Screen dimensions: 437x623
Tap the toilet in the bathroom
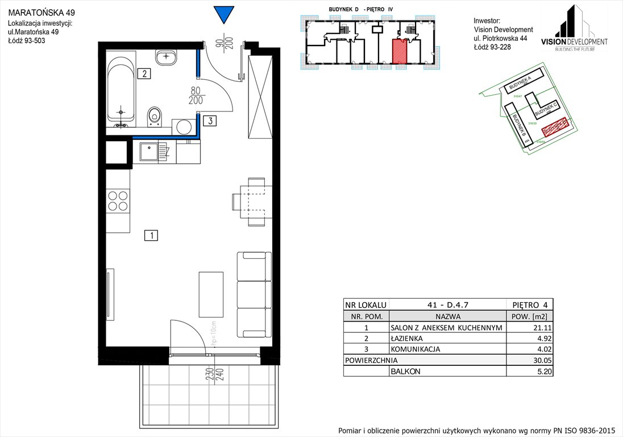click(154, 116)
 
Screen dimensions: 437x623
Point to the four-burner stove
click(118, 201)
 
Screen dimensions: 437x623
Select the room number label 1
click(151, 234)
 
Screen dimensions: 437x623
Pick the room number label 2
click(144, 73)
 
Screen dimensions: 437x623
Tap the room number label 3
click(210, 120)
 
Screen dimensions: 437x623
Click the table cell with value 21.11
click(529, 328)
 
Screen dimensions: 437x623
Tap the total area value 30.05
click(529, 360)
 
